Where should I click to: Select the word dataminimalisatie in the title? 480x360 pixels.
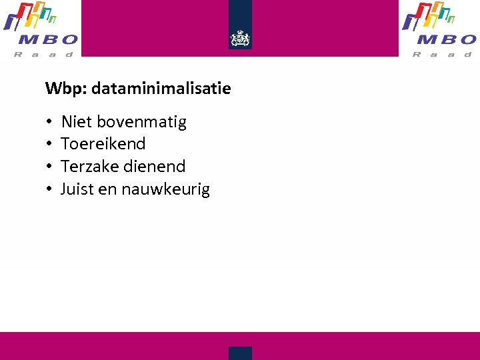coord(161,88)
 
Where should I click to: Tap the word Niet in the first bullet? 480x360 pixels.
coord(77,122)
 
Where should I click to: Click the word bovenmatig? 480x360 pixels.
coord(142,122)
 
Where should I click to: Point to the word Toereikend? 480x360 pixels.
coord(103,144)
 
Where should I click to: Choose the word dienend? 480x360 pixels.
coord(154,167)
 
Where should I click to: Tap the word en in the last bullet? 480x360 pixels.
coord(107,190)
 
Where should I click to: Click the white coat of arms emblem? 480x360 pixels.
coord(240,39)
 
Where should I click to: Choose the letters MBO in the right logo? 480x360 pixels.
coord(444,40)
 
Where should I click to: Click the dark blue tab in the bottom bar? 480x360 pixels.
coord(240,353)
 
